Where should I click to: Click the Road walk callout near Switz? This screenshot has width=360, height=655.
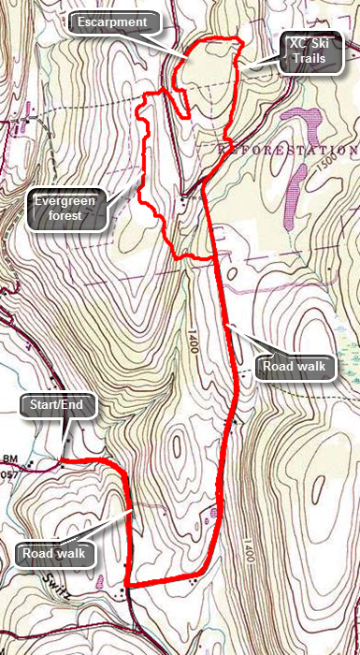tap(55, 554)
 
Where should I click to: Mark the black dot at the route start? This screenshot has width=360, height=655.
tap(62, 460)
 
